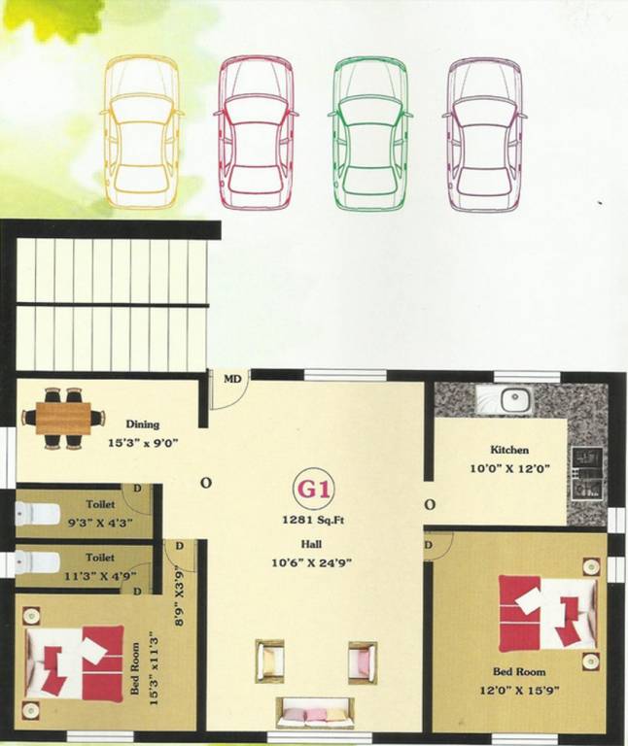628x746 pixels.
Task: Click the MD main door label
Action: click(x=232, y=379)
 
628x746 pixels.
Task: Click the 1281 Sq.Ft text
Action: click(x=314, y=521)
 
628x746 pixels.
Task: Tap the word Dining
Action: click(x=142, y=424)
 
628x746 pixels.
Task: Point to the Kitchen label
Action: click(x=509, y=451)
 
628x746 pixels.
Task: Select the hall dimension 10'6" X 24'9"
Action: click(x=314, y=560)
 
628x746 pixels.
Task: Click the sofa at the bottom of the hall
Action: click(x=313, y=715)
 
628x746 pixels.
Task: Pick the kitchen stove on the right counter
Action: click(x=586, y=470)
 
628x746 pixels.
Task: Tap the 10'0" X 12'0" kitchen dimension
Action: click(x=509, y=467)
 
